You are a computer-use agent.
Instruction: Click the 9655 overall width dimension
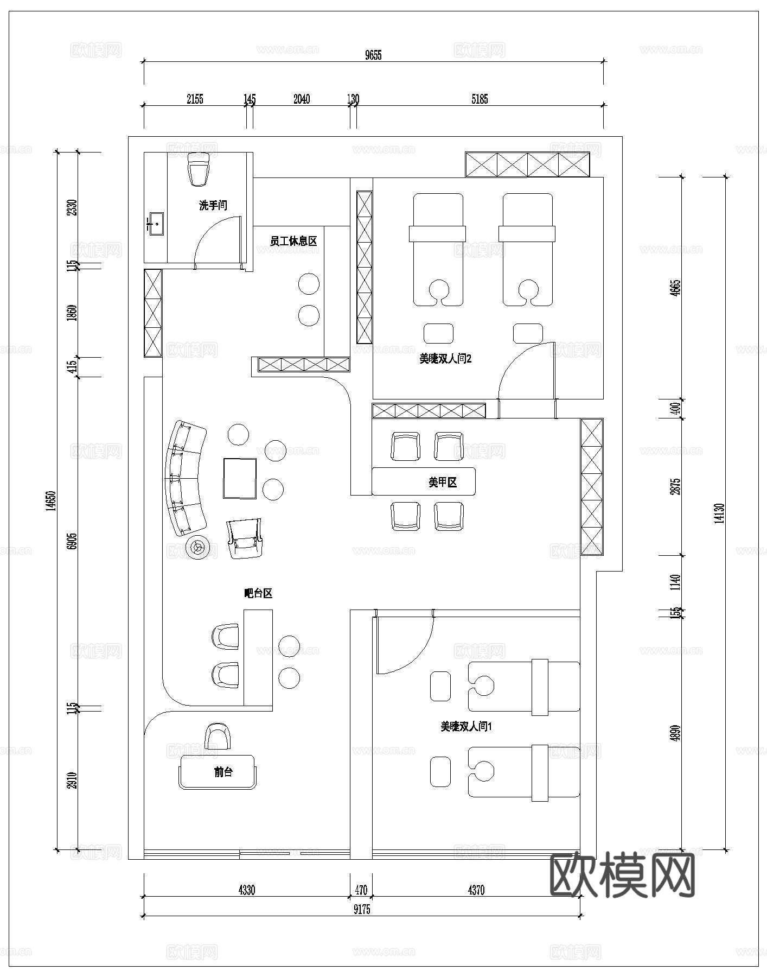[373, 55]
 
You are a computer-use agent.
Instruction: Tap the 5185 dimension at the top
[480, 99]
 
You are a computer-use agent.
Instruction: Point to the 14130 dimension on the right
[720, 513]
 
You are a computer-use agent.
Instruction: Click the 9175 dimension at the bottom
[362, 910]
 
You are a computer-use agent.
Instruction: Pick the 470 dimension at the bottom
[361, 890]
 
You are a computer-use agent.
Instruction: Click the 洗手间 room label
[213, 206]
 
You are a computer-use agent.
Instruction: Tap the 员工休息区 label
[293, 241]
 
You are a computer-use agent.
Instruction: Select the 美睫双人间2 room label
[445, 359]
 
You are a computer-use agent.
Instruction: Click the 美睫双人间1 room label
[466, 726]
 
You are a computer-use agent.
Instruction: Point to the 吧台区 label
[258, 593]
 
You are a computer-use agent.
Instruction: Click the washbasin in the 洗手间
[156, 223]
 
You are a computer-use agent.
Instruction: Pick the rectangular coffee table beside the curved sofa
[240, 478]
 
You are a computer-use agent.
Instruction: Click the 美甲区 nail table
[423, 481]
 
